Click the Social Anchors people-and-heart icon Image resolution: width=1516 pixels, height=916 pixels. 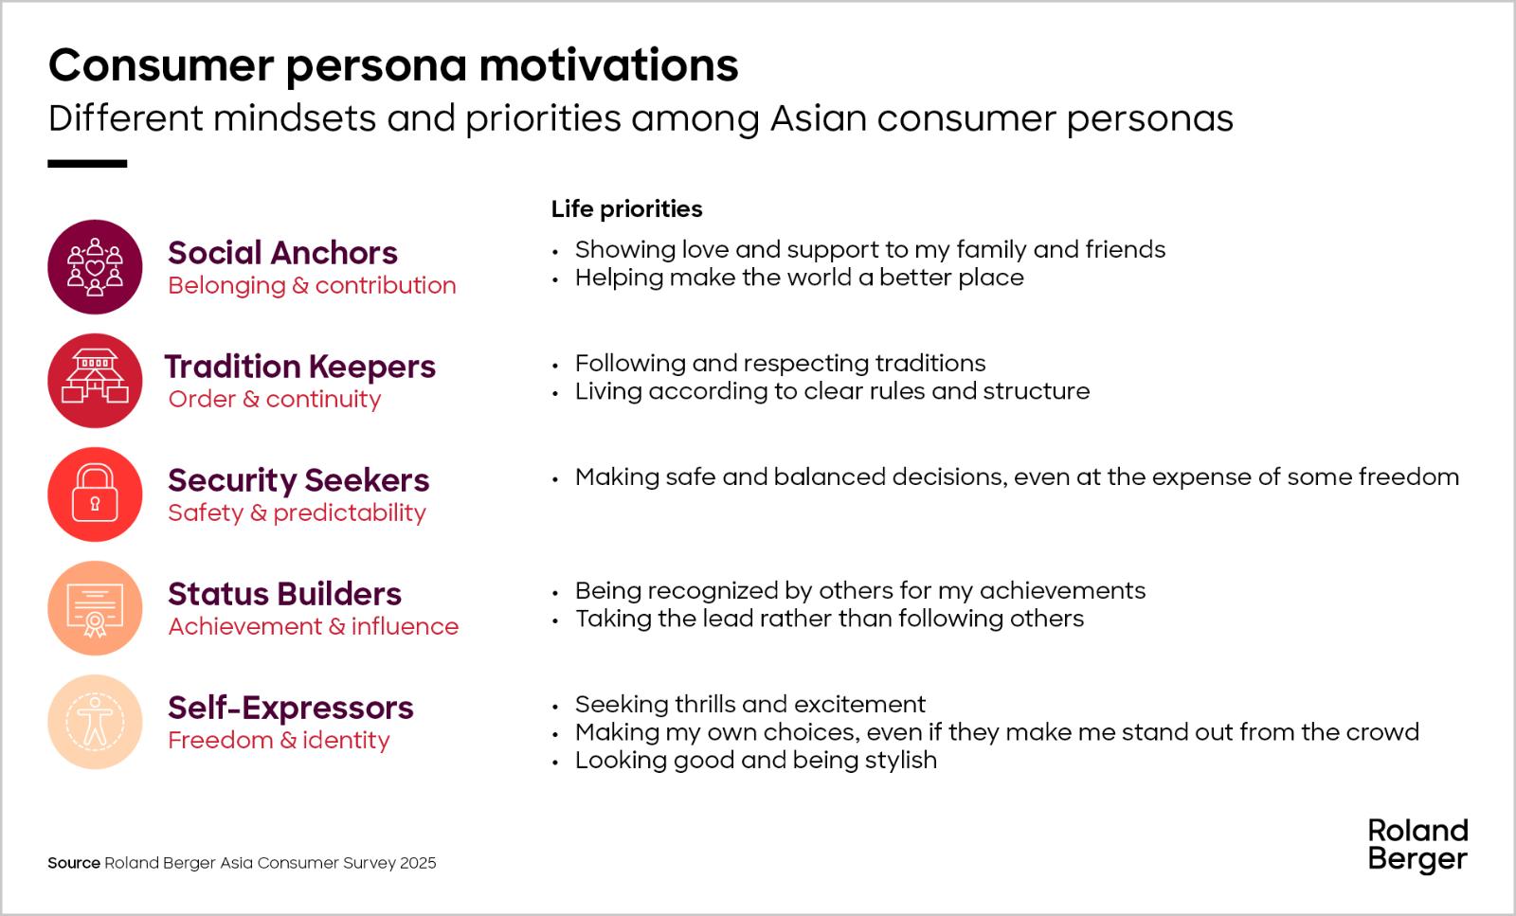(95, 266)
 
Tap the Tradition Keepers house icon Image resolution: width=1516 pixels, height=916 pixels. (95, 380)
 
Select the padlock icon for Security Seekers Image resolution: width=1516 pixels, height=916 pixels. (95, 494)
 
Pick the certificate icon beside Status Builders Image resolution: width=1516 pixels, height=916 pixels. (95, 607)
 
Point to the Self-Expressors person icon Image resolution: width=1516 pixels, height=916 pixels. (95, 721)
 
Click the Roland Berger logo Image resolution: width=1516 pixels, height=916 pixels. (1417, 846)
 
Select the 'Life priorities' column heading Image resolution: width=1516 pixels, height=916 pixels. (626, 209)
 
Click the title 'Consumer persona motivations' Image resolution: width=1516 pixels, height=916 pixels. (393, 65)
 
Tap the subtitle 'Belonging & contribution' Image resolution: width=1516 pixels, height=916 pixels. (312, 285)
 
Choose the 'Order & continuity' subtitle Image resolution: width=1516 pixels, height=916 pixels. (274, 399)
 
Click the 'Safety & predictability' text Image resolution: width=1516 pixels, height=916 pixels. (298, 512)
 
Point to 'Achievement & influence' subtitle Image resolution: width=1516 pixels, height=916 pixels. (314, 626)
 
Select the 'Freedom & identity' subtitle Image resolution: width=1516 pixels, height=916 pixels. (279, 740)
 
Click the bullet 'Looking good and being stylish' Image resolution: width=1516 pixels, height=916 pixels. (756, 761)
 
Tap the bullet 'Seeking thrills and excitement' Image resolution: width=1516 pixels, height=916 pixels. (749, 704)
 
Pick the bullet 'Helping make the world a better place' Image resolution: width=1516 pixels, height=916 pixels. (800, 278)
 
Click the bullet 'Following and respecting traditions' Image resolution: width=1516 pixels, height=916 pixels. (781, 364)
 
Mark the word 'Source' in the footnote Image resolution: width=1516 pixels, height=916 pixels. (74, 863)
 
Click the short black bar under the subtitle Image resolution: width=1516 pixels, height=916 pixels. (87, 164)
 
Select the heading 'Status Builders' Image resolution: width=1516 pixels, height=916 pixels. (284, 594)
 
